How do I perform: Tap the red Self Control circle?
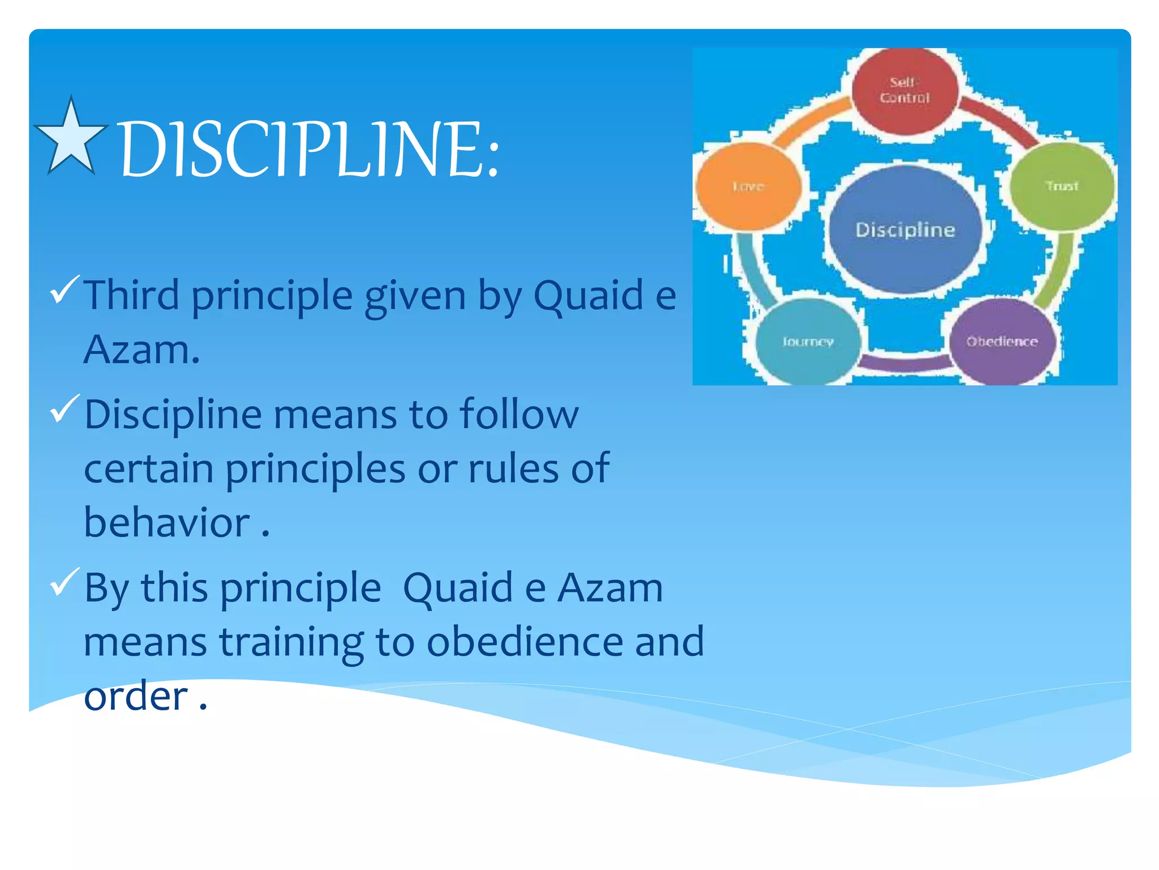click(x=904, y=91)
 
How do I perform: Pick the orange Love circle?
click(x=748, y=186)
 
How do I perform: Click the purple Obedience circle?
click(x=1002, y=342)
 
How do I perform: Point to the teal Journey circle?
click(x=808, y=342)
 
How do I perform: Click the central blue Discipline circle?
click(x=905, y=229)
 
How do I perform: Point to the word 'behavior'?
click(x=166, y=522)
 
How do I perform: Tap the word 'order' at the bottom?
click(x=136, y=696)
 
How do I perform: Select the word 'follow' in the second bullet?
click(x=518, y=414)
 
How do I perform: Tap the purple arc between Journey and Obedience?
click(x=905, y=363)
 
